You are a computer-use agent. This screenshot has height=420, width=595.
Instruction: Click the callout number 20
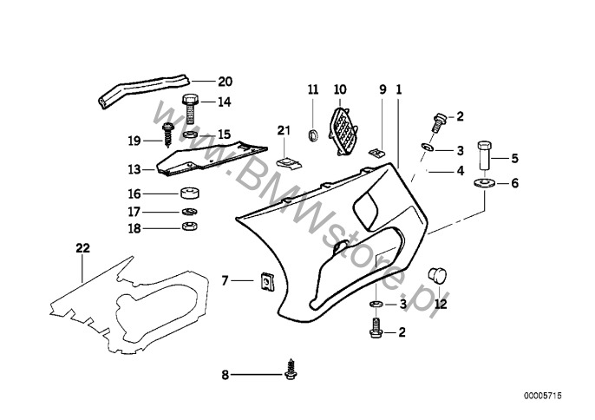coord(225,82)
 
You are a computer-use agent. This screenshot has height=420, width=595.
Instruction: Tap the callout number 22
coord(82,248)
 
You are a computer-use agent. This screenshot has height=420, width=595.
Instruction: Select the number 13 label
coord(134,169)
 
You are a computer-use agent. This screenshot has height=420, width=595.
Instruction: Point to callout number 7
coord(226,280)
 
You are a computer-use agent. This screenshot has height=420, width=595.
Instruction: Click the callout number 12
coord(441,305)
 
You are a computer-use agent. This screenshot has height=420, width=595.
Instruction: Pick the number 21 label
coord(282,131)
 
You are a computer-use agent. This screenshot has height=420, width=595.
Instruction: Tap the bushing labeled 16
coord(187,194)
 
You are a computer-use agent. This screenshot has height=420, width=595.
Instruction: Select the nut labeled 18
coord(187,228)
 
